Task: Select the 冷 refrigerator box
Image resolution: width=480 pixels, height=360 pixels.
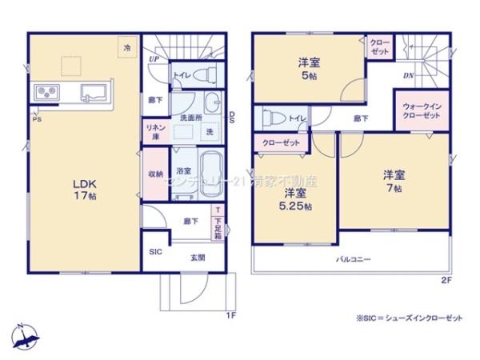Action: (x=127, y=49)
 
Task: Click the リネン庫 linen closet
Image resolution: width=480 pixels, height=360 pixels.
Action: (x=154, y=132)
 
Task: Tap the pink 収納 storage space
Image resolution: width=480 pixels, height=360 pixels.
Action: (x=154, y=174)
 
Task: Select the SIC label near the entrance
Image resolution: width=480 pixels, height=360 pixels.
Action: (x=154, y=250)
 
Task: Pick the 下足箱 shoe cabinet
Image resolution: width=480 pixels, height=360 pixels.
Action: (x=218, y=226)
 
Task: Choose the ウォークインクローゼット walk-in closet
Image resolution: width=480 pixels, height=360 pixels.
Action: (x=421, y=110)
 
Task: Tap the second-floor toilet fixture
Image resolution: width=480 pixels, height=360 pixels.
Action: (x=268, y=119)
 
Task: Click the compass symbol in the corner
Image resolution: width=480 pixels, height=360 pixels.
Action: (x=26, y=337)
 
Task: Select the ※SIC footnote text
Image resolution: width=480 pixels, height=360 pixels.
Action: (x=409, y=318)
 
